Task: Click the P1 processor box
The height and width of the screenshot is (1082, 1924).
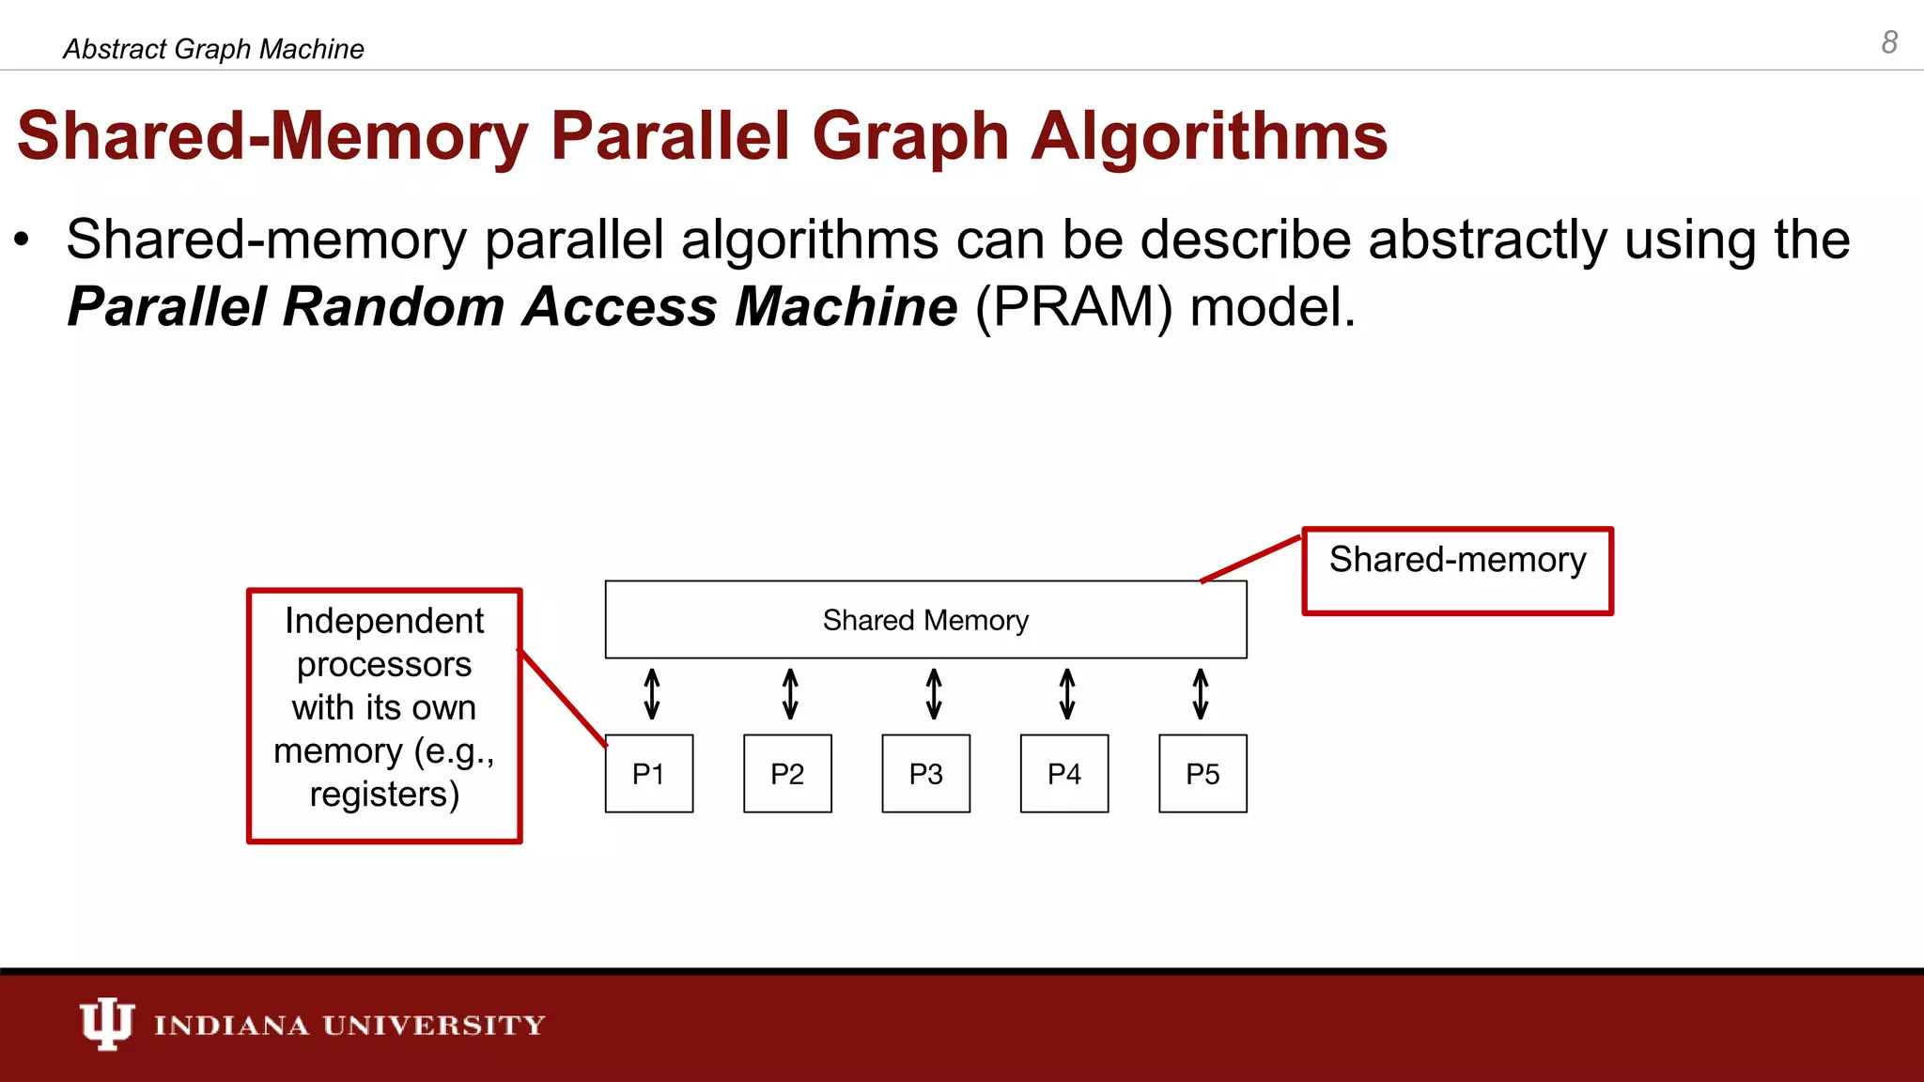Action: click(x=649, y=774)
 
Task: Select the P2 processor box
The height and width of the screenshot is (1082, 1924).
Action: click(x=787, y=774)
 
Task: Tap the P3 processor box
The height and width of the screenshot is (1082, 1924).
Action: click(x=925, y=774)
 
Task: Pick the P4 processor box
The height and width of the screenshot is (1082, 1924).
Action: click(x=1064, y=774)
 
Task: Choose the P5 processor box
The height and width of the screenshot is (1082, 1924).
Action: click(x=1202, y=774)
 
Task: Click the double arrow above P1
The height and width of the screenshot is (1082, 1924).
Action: click(x=652, y=694)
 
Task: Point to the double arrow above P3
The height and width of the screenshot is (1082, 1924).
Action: click(x=934, y=694)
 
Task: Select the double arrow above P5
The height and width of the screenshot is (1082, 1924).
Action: click(x=1201, y=694)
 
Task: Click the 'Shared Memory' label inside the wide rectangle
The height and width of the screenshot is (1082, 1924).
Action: click(x=925, y=620)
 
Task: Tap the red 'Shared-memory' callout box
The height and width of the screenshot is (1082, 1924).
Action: click(x=1457, y=571)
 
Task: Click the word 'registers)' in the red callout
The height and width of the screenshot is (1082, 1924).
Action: click(x=384, y=795)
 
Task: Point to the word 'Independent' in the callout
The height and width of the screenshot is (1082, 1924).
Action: click(x=384, y=621)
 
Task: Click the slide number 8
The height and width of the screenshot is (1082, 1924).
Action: click(x=1889, y=42)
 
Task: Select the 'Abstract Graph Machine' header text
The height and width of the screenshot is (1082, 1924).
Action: click(x=213, y=49)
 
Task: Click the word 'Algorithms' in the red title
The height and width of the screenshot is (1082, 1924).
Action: click(x=1208, y=136)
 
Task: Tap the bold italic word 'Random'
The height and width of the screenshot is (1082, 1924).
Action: click(x=394, y=306)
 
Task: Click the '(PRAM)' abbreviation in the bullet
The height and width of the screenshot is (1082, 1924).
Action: click(x=1074, y=306)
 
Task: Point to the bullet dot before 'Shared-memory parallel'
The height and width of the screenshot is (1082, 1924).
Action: click(x=23, y=240)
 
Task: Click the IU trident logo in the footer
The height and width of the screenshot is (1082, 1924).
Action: click(x=106, y=1023)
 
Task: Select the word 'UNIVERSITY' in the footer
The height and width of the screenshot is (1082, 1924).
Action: click(x=434, y=1025)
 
